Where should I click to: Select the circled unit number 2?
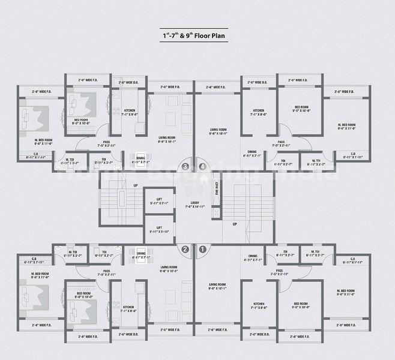pyautogui.click(x=185, y=249)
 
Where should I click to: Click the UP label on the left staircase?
pyautogui.click(x=136, y=185)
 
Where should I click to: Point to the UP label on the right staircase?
pyautogui.click(x=234, y=224)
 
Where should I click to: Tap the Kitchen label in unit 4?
pyautogui.click(x=258, y=112)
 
